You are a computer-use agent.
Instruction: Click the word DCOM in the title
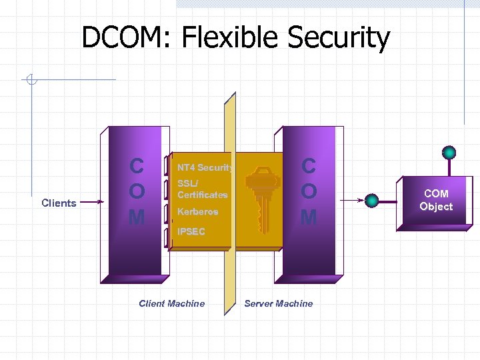pos(125,38)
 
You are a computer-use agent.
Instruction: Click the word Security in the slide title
pos(339,38)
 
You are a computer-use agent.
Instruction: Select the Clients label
pos(59,203)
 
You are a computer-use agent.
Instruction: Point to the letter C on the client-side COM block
pos(137,166)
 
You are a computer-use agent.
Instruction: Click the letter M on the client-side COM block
pos(137,217)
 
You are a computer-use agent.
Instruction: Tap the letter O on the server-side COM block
pos(308,191)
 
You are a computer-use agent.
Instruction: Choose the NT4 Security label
pos(205,167)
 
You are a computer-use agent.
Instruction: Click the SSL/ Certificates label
pos(202,189)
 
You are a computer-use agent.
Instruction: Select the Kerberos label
pos(197,211)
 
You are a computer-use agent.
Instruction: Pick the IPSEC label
pos(191,231)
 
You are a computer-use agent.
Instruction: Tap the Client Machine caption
pos(171,303)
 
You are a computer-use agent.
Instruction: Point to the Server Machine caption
pos(278,303)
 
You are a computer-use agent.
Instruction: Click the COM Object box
pos(436,200)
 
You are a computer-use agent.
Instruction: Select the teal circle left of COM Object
pos(373,199)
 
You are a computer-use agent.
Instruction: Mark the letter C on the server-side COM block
pos(308,166)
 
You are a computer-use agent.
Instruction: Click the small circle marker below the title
pos(30,81)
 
